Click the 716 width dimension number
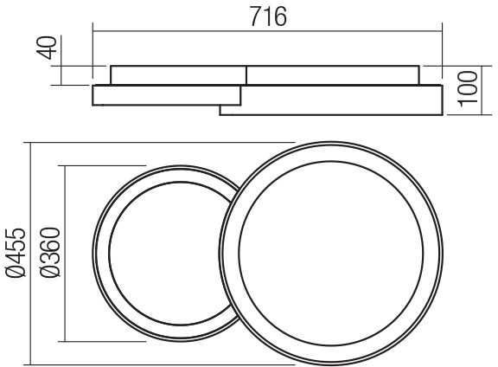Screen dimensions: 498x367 click(268, 16)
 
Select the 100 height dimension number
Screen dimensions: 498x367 click(468, 87)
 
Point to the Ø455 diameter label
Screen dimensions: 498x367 click(16, 253)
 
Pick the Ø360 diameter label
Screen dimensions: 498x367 click(50, 253)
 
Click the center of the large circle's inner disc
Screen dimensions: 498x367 click(331, 253)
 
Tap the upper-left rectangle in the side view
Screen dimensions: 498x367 click(178, 75)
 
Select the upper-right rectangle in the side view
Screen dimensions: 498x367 click(333, 75)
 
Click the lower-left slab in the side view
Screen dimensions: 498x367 click(166, 95)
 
